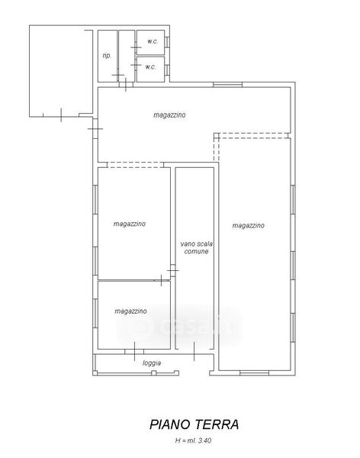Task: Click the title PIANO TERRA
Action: coord(194,424)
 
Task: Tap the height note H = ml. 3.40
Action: coord(193,440)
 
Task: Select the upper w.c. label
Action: coord(153,41)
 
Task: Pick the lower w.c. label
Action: coord(150,67)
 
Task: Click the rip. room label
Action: coord(107,56)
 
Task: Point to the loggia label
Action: coord(152,363)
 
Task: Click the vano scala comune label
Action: coord(197,247)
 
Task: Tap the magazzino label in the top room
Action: coord(169,114)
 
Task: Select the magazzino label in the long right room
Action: coord(248,225)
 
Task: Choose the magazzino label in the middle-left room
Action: coord(130,224)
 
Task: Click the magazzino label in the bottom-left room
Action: coord(130,311)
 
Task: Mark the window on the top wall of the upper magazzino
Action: coord(227,85)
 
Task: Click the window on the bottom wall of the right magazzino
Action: coord(254,373)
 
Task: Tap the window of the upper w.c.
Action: coord(167,42)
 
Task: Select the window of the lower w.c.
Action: coord(167,70)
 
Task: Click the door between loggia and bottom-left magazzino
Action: coord(134,351)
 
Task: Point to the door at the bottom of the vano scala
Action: coord(194,351)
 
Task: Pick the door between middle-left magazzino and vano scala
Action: coord(173,270)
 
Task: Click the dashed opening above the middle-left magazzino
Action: coord(135,165)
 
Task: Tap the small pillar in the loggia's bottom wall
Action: coord(154,373)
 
